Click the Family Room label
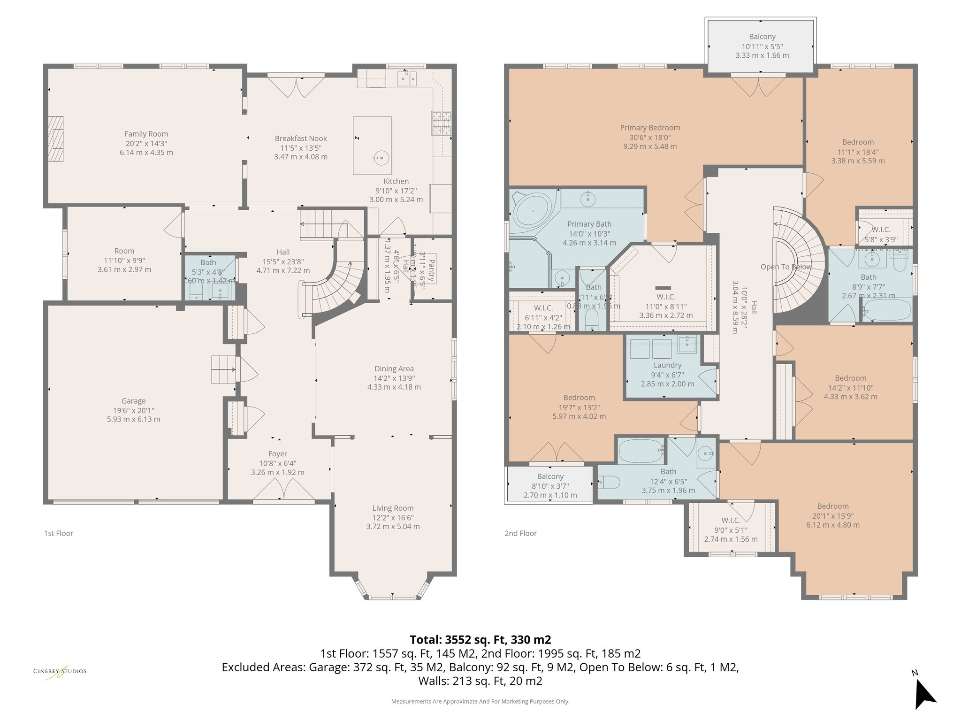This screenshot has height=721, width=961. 146,134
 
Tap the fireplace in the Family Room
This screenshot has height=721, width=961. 57,138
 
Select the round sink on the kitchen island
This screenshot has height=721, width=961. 381,158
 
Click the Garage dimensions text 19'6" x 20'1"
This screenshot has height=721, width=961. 133,410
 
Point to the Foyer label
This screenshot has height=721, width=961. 277,454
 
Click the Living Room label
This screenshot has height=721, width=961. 393,508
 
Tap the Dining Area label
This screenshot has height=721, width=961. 394,369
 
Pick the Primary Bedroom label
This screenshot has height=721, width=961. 650,128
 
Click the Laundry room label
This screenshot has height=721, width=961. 667,365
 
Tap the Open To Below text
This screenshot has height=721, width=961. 786,267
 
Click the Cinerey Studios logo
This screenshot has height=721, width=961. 60,671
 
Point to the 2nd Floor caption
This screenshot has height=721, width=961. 520,533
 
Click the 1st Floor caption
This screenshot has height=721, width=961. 59,533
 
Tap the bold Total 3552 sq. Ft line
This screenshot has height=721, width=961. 480,640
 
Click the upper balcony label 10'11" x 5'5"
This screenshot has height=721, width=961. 762,46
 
